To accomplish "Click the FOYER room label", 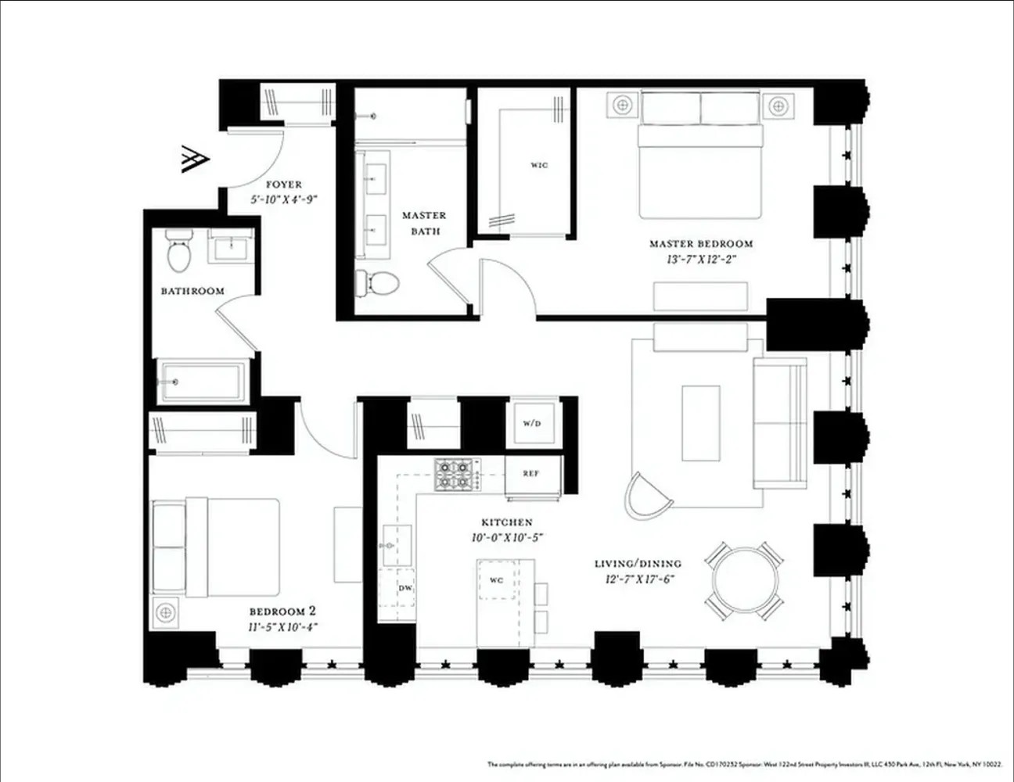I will point(283,185).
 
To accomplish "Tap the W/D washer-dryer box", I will point(532,423).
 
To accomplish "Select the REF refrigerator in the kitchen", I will point(532,473).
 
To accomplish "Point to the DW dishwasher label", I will point(405,587).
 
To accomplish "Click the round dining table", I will point(745,579).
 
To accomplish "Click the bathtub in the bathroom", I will point(202,382).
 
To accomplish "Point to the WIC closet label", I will point(539,165).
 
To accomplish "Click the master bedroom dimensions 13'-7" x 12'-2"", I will point(700,259).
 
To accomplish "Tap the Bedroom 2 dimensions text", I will point(282,626).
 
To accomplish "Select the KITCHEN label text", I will point(507,522).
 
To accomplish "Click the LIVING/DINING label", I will point(638,563).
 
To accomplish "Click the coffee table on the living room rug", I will point(699,422).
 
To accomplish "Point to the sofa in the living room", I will point(779,422).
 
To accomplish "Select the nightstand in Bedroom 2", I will point(165,611).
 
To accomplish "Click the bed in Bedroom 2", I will point(227,547).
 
